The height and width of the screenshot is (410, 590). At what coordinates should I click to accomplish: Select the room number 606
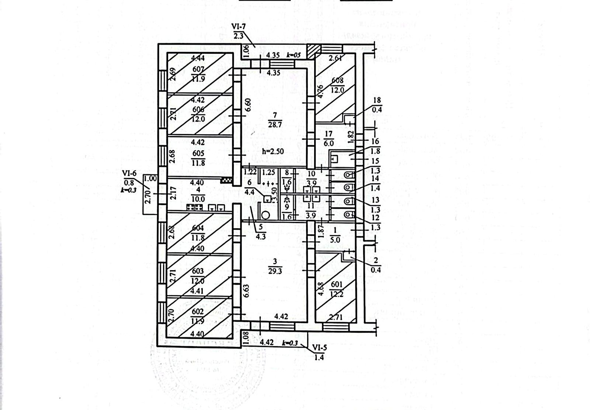[198, 110]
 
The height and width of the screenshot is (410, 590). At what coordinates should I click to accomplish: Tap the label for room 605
[198, 153]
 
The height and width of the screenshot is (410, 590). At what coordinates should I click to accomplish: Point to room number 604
[198, 228]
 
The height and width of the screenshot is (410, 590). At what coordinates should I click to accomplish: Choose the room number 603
[198, 271]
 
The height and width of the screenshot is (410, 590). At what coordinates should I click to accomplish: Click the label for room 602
[198, 312]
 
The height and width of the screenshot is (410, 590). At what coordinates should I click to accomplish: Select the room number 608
[337, 80]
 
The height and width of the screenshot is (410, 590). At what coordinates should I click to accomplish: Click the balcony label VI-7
[238, 27]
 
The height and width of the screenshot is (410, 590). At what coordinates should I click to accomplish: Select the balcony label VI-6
[129, 173]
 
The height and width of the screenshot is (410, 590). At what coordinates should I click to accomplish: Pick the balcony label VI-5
[319, 347]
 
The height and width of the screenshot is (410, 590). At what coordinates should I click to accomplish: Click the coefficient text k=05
[294, 55]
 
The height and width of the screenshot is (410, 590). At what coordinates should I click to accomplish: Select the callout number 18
[377, 100]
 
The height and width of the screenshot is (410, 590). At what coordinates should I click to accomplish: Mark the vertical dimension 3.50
[274, 192]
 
